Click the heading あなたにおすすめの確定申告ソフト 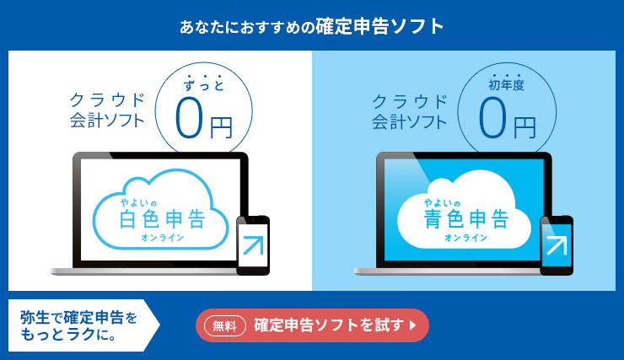coord(312,27)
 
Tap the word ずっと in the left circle coord(204,85)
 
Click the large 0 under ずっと coord(189,118)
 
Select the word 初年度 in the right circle coord(506,84)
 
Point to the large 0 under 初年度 coord(492,118)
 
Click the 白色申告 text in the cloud coord(163,219)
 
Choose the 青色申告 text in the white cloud coord(466,219)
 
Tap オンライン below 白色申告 coord(163,238)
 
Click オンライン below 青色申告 coord(466,238)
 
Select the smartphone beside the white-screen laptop coord(253,245)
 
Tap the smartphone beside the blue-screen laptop coord(557,245)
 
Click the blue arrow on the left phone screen coord(254,245)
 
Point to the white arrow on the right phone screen coord(557,245)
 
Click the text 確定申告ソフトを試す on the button coord(329,325)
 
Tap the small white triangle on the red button coord(412,325)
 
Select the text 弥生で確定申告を coord(78,318)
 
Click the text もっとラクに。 coord(68,335)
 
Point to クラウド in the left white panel coord(107,99)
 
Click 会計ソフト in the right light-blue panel coord(410,121)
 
